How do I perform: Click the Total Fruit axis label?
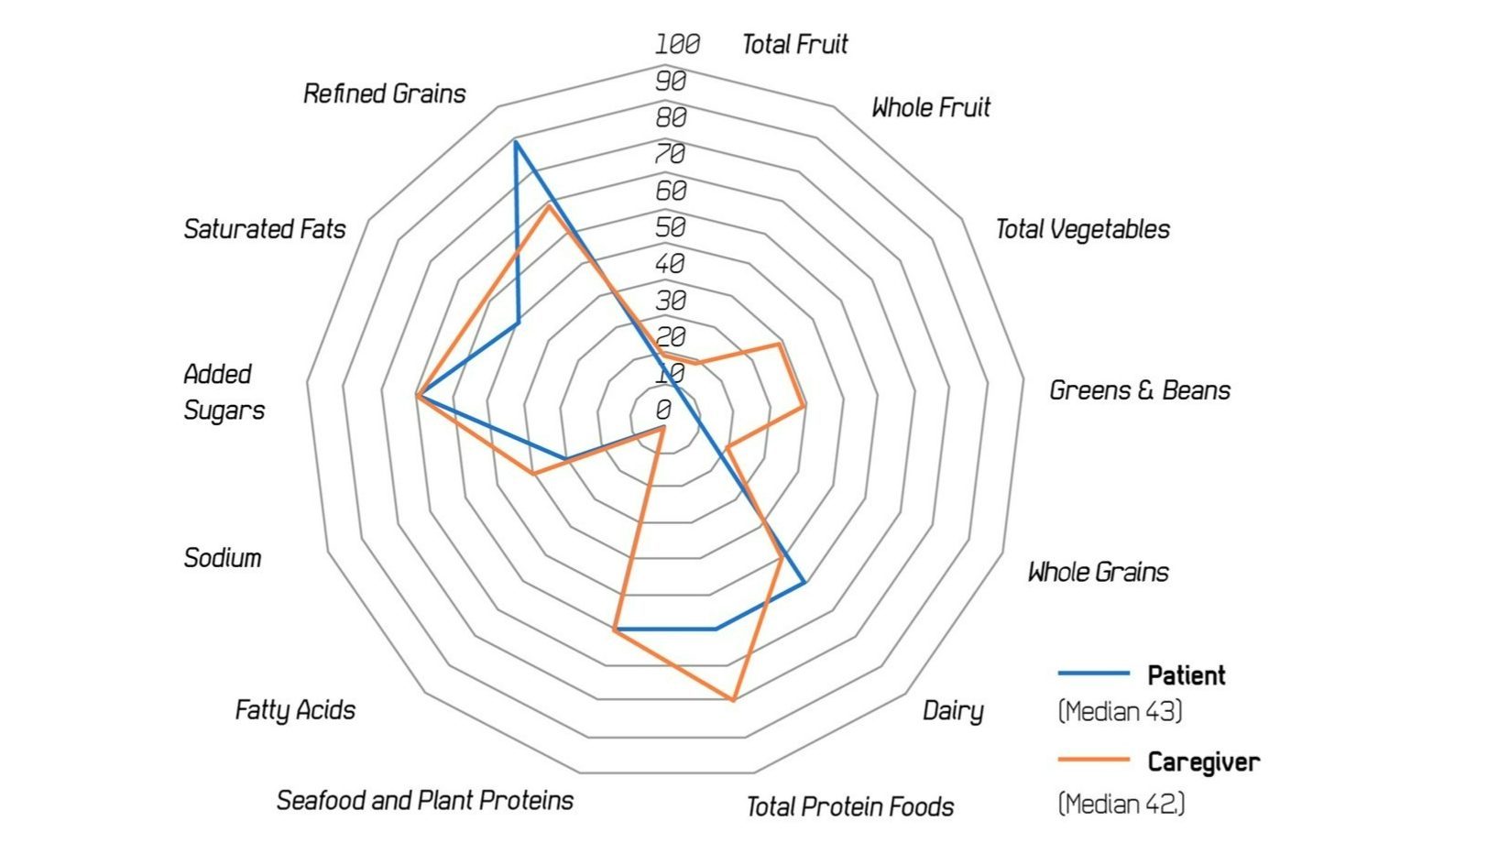point(794,44)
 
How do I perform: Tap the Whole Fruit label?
point(931,107)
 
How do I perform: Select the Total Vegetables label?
point(1082,229)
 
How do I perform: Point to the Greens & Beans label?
point(1139,390)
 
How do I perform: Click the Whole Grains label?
point(1098,572)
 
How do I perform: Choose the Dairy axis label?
point(953,710)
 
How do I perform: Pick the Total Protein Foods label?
point(849,806)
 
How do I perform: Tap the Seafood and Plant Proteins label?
point(425,800)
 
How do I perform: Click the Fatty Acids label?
point(295,709)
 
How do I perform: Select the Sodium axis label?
point(223,557)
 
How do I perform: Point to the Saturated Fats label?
point(265,228)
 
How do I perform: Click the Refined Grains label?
point(385,93)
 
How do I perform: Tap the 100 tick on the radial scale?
point(677,44)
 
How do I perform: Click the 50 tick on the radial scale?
point(671,227)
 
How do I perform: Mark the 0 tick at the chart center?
point(663,410)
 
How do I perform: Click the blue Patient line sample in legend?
point(1093,673)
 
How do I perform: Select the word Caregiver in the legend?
point(1203,761)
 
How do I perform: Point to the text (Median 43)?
point(1120,711)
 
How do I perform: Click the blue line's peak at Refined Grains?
point(515,142)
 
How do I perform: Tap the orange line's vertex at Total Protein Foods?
point(733,700)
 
